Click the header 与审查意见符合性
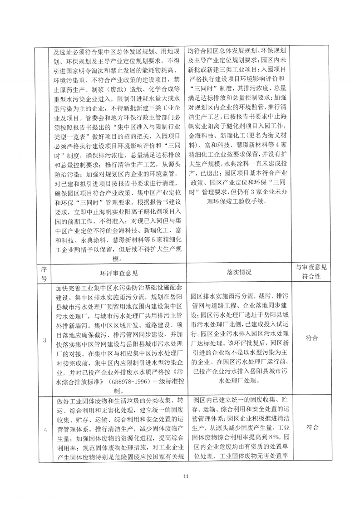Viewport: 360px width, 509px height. tap(311, 272)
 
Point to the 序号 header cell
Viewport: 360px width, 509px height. tap(44, 272)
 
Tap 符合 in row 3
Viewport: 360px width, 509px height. tap(311, 338)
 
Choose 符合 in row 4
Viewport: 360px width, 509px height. tap(311, 427)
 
